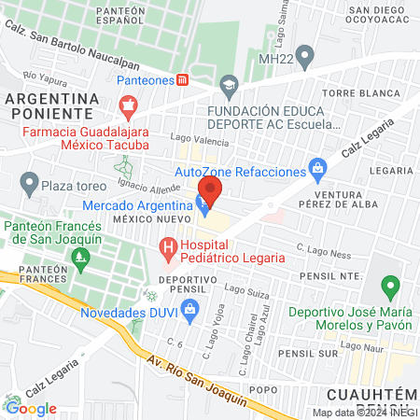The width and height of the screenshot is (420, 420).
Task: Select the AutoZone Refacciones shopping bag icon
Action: click(318, 172)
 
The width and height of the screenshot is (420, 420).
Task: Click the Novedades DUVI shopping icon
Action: click(191, 315)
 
